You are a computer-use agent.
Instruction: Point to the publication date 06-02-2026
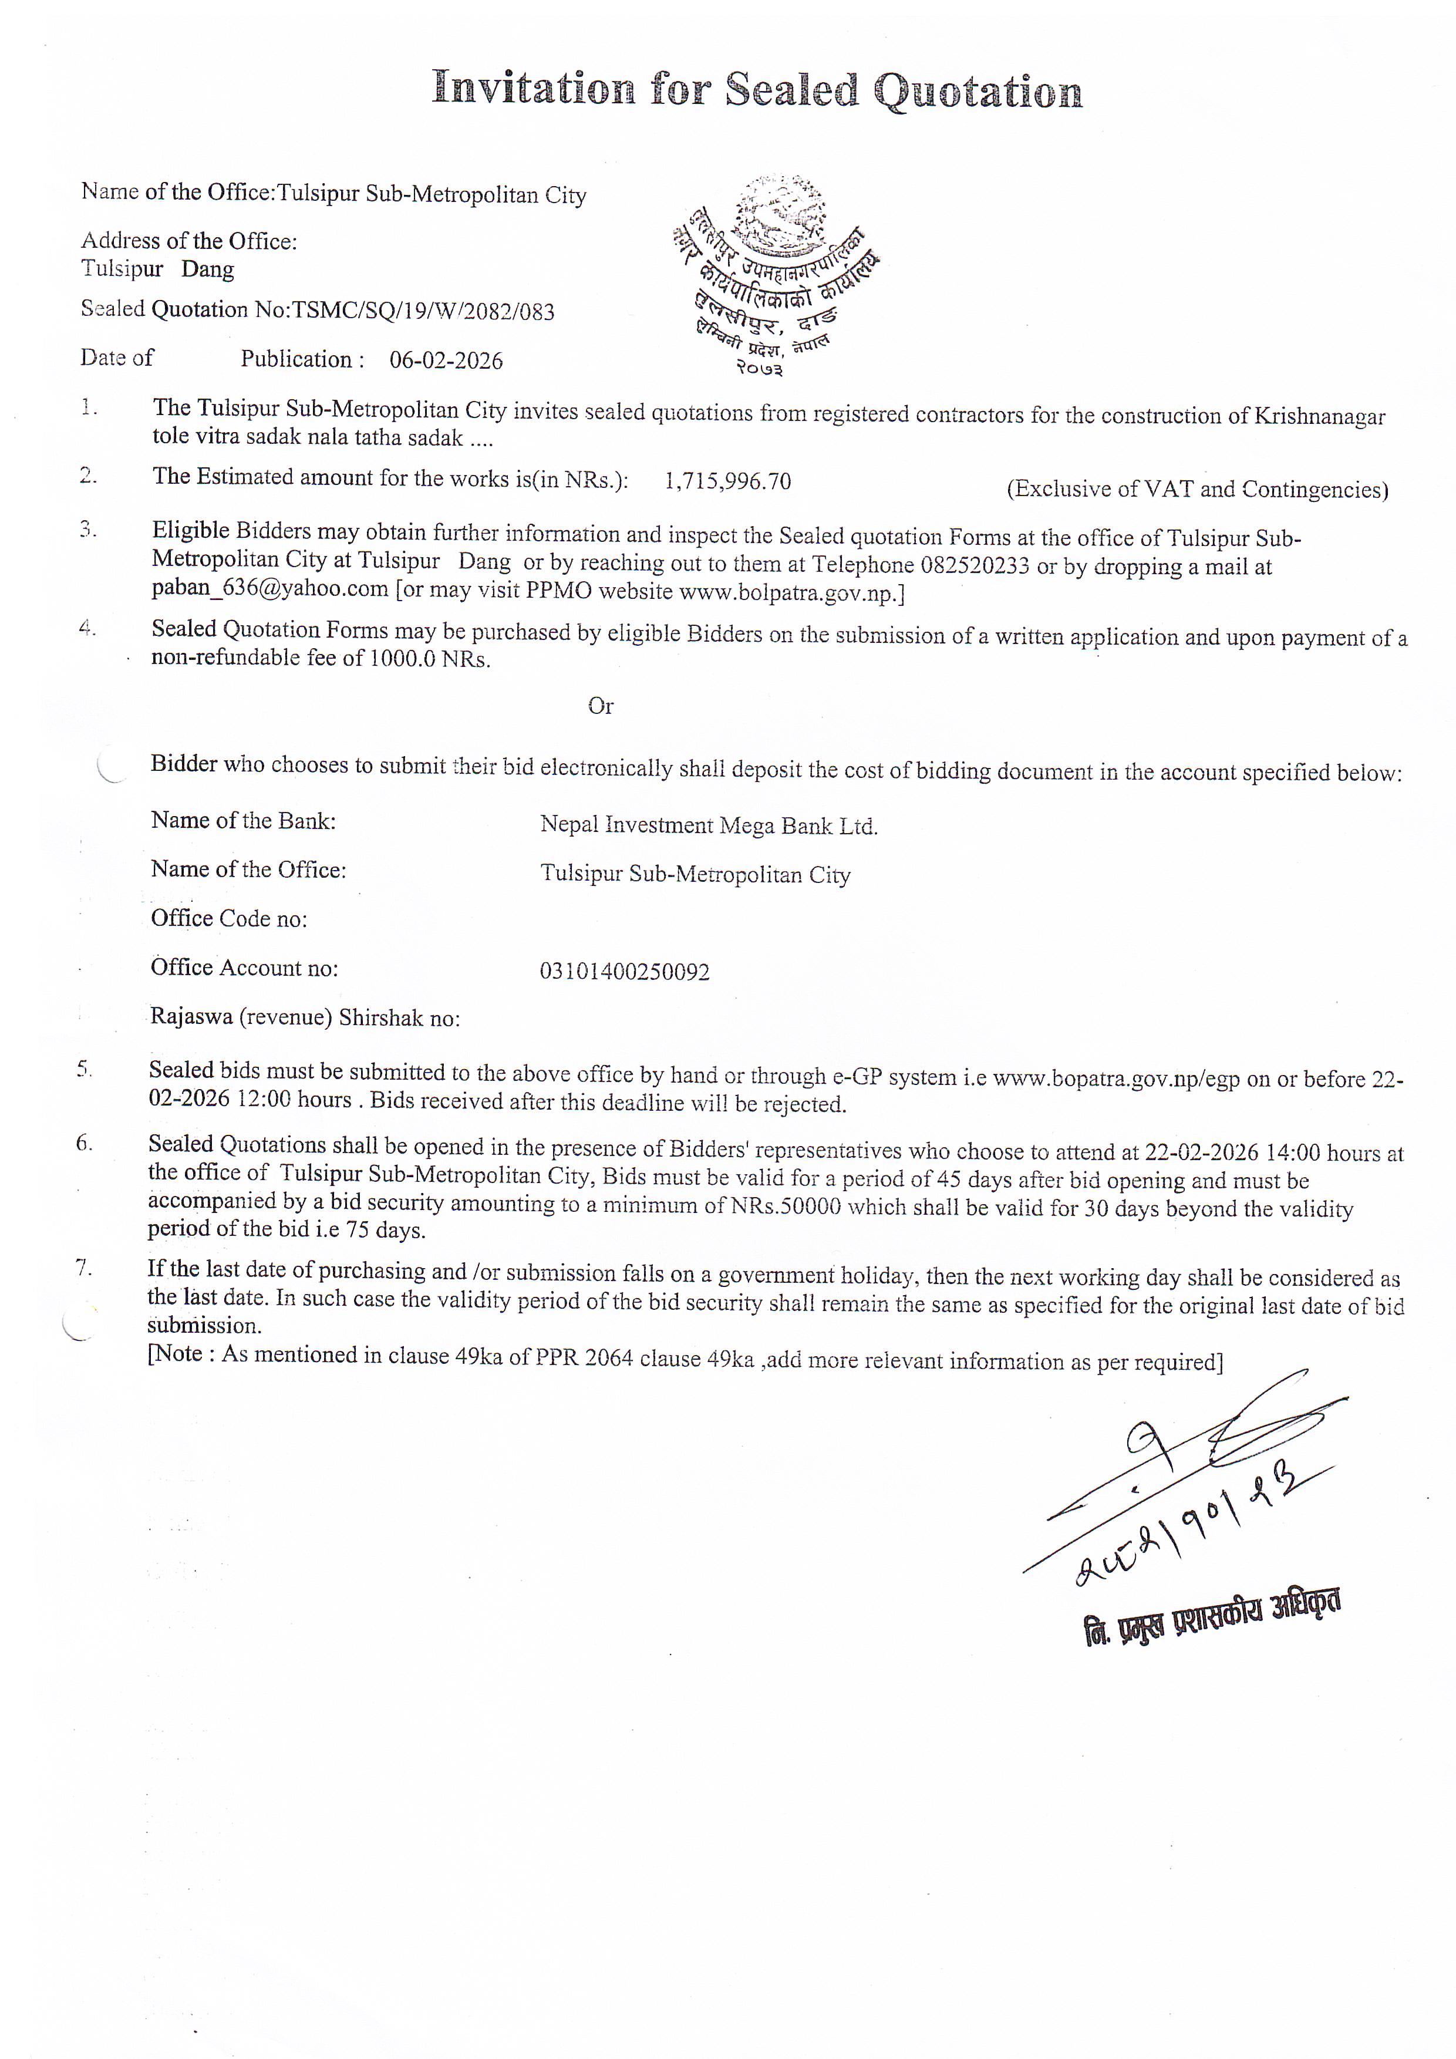point(446,360)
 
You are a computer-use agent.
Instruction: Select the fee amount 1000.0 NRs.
point(430,659)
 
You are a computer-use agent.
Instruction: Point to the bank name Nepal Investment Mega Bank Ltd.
point(708,826)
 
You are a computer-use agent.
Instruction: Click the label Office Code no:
point(228,919)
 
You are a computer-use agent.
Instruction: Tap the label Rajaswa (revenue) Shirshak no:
point(305,1018)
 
